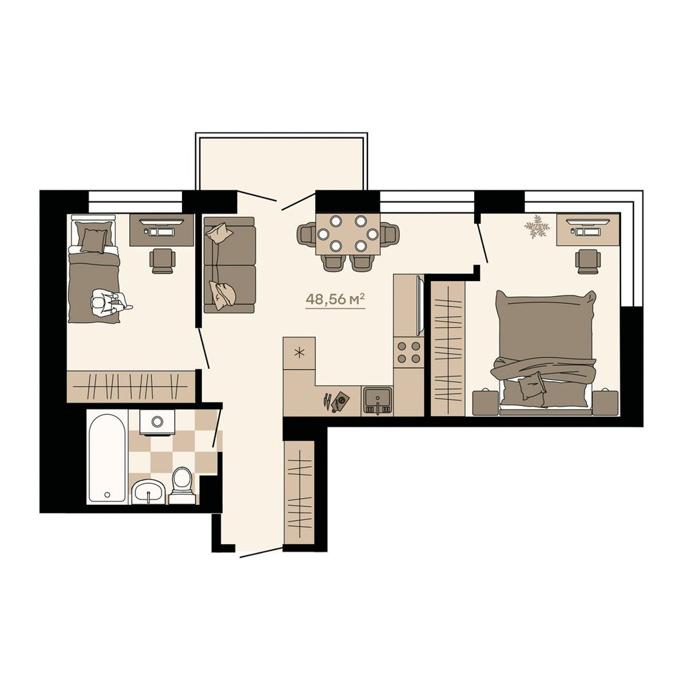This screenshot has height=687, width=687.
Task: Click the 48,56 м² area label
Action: click(335, 300)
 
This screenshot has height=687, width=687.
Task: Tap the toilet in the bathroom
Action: click(182, 486)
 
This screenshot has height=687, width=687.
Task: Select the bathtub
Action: click(107, 458)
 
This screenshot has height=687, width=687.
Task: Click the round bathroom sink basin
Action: click(149, 492)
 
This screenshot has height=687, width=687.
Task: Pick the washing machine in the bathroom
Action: click(157, 423)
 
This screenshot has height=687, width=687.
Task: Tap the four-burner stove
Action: click(408, 352)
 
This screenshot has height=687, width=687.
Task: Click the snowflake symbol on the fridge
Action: click(300, 352)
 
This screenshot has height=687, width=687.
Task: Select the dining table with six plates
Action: click(348, 234)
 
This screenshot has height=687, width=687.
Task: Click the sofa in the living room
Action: click(229, 265)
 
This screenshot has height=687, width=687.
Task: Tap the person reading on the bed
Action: click(109, 302)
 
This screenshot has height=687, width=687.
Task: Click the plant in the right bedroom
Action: click(537, 227)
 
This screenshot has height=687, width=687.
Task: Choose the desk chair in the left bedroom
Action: click(163, 260)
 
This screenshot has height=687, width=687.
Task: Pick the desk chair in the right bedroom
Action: click(588, 261)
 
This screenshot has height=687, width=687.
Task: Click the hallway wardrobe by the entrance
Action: click(300, 493)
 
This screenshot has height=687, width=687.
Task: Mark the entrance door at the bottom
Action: click(261, 553)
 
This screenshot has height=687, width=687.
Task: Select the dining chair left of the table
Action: click(306, 234)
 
